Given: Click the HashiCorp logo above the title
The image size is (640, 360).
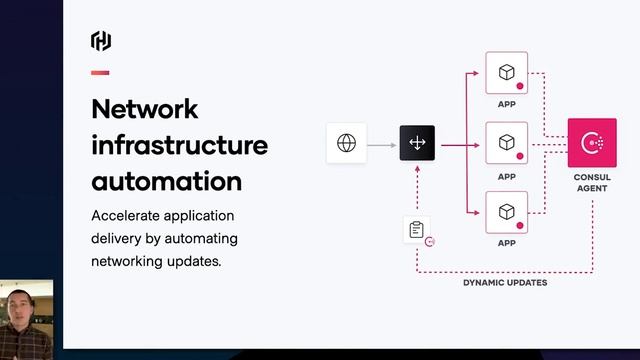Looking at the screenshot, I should click(101, 41).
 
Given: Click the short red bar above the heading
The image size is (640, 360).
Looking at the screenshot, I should click(100, 73).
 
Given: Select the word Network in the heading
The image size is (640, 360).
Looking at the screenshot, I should click(145, 109).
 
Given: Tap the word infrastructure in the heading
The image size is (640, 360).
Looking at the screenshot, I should click(179, 145).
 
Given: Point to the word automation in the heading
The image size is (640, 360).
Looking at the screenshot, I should click(166, 181).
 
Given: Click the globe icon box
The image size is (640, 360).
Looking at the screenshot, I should click(346, 144).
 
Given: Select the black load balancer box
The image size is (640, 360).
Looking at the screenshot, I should click(417, 144).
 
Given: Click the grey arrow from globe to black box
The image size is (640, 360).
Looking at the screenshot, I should click(381, 144).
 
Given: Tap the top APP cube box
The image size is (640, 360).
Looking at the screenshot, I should click(506, 73).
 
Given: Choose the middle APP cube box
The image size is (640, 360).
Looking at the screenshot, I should click(506, 142).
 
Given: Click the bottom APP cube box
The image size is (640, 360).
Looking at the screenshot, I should click(506, 211).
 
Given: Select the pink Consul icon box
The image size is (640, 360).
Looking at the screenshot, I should click(591, 143).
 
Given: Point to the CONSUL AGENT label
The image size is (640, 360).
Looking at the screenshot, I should click(591, 183).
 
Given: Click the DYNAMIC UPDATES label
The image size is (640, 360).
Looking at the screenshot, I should click(504, 283).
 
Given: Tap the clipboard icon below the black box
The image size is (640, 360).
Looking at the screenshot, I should click(416, 230).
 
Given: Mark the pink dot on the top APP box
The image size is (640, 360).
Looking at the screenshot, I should click(520, 87).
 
